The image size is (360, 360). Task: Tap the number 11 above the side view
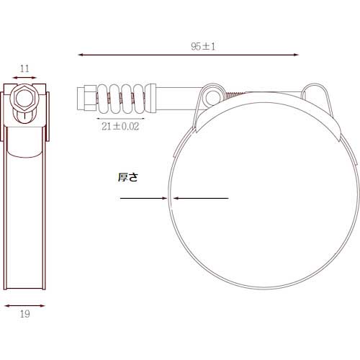pos(24,69)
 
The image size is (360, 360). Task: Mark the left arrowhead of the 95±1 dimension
pos(81,54)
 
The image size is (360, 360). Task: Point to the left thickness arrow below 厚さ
pos(162,198)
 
